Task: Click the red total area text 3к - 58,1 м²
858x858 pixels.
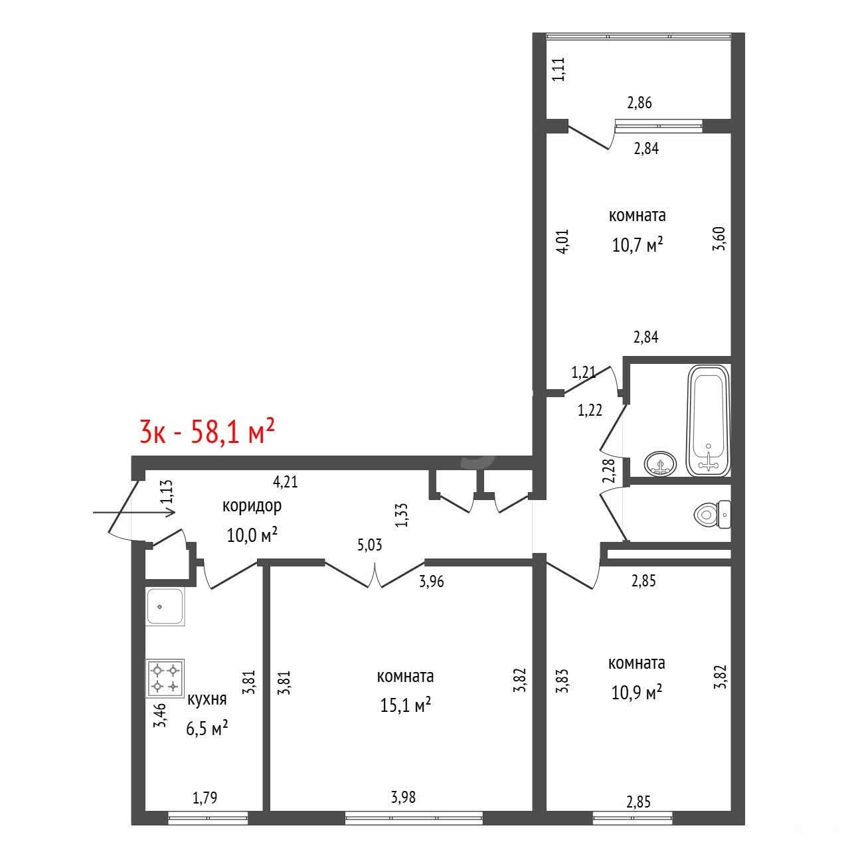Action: (x=207, y=431)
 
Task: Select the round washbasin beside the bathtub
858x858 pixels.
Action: (x=660, y=464)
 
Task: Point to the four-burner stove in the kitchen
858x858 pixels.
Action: (x=165, y=678)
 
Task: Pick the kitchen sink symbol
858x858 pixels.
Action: (x=165, y=606)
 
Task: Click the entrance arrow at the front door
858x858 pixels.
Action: (x=134, y=513)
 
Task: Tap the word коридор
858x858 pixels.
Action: (x=252, y=506)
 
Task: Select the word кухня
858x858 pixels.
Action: (x=207, y=699)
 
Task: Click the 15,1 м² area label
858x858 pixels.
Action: (x=405, y=705)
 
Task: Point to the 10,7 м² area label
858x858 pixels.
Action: (x=638, y=244)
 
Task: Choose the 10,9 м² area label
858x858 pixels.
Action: (x=637, y=693)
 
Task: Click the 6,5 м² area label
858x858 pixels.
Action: (x=207, y=729)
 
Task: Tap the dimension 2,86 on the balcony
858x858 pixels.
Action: (x=640, y=103)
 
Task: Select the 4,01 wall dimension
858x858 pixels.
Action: (x=562, y=241)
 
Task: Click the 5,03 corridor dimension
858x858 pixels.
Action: (x=369, y=545)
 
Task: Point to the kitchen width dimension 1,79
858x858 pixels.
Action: (x=205, y=798)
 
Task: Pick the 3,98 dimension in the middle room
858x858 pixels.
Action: (x=403, y=797)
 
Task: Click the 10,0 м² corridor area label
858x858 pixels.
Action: (x=252, y=535)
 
